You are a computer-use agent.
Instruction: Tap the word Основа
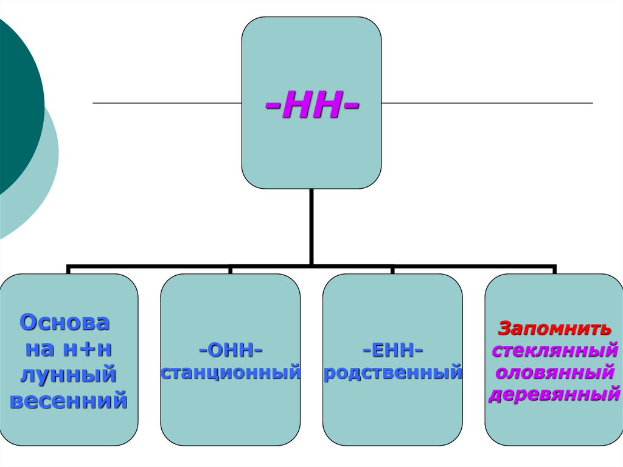pyautogui.click(x=65, y=323)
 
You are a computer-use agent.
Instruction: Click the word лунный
pyautogui.click(x=68, y=375)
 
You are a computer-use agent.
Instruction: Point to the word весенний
pyautogui.click(x=69, y=401)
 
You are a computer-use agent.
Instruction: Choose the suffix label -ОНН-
pyautogui.click(x=230, y=351)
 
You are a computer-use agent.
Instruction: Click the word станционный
pyautogui.click(x=231, y=371)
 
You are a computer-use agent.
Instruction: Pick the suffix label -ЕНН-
pyautogui.click(x=392, y=351)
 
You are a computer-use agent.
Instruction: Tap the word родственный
pyautogui.click(x=392, y=371)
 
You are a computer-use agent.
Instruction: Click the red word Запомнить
pyautogui.click(x=554, y=329)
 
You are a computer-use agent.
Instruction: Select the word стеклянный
pyautogui.click(x=554, y=351)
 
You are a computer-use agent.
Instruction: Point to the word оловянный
pyautogui.click(x=554, y=372)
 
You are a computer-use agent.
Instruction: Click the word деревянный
pyautogui.click(x=554, y=394)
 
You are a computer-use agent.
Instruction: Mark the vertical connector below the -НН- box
pyautogui.click(x=311, y=225)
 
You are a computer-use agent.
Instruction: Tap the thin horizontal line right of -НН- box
pyautogui.click(x=487, y=103)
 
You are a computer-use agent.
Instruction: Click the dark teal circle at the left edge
pyautogui.click(x=18, y=104)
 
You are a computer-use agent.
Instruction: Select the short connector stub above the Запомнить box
pyautogui.click(x=554, y=270)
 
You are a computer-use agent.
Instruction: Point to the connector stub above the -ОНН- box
pyautogui.click(x=230, y=270)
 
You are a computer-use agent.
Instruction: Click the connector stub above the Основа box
pyautogui.click(x=68, y=270)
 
